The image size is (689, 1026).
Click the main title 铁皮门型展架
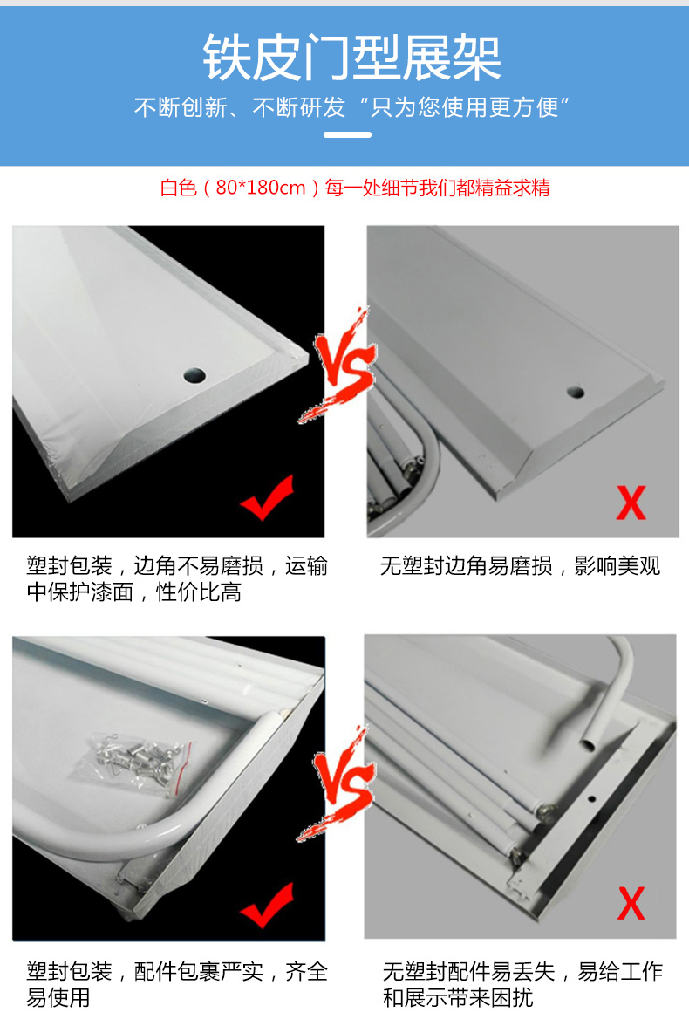pos(352,58)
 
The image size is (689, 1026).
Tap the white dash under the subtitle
pos(347,134)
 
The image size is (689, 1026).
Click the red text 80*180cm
pos(261,188)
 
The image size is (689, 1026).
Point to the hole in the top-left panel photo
pos(195,375)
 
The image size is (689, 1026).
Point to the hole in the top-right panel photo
pos(576,392)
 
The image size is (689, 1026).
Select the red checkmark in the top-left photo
pos(267,498)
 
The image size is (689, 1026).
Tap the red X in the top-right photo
pos(631,503)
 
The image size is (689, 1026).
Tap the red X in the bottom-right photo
pos(631,904)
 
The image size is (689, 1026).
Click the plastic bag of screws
pos(139,762)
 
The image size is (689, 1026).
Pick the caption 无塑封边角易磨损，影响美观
pos(520,566)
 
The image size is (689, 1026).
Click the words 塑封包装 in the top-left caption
pos(70,566)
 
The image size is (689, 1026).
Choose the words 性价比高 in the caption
pos(199,593)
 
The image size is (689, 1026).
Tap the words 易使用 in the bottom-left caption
pos(58,998)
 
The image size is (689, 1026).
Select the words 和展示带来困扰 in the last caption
pos(458,998)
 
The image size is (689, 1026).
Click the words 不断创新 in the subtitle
pos(181,107)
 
